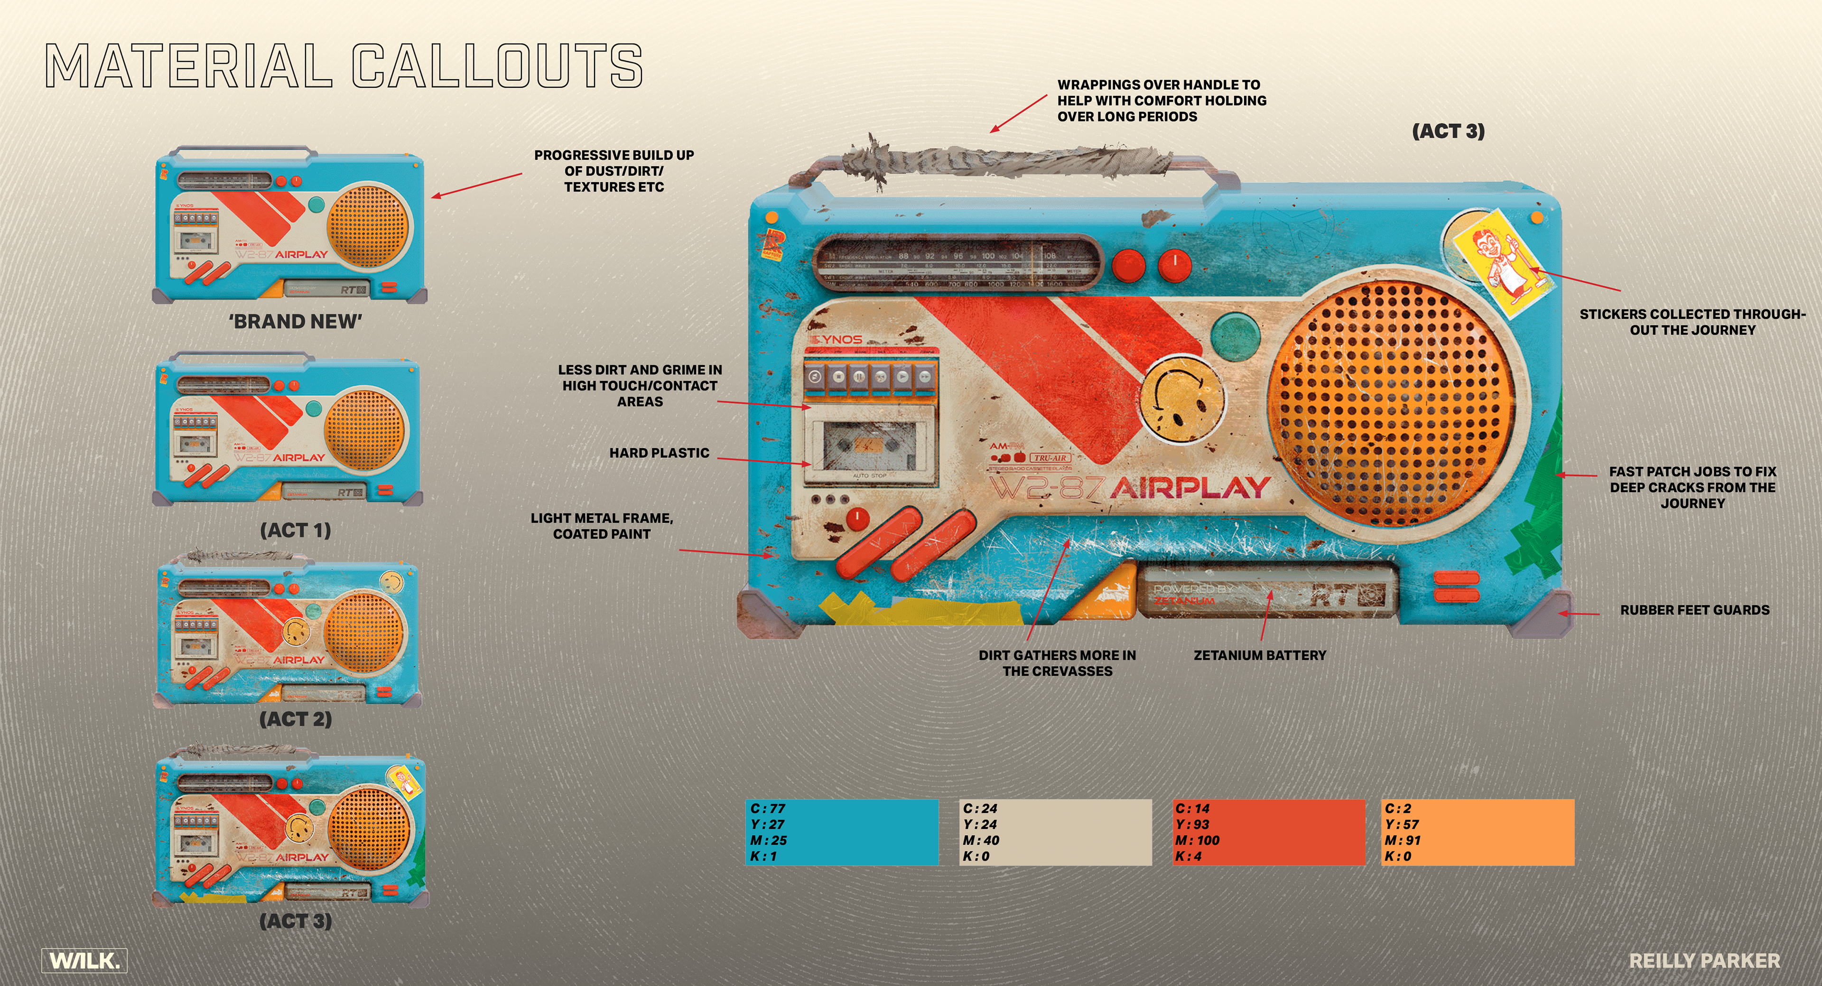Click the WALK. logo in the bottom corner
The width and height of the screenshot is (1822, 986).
84,960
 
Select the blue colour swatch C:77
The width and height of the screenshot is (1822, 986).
842,832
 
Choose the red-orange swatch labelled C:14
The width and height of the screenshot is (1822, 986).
1268,832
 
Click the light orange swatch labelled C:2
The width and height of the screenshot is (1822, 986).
1478,832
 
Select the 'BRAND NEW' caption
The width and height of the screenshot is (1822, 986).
296,322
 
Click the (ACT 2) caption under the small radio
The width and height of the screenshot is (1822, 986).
296,719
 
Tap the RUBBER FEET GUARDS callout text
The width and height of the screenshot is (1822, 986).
1695,610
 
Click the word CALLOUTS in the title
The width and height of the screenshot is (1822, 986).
497,66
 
